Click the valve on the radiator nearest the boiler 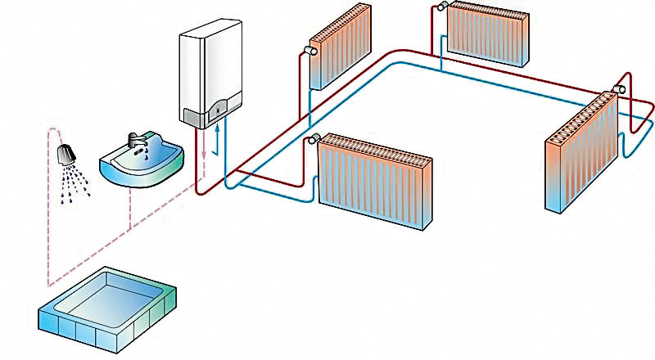tap(307, 49)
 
